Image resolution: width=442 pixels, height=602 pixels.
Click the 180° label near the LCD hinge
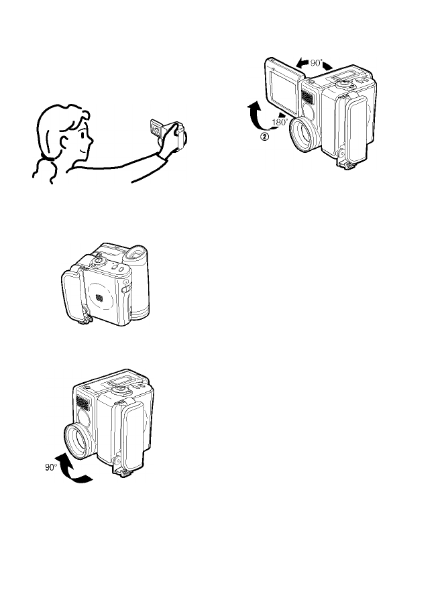coord(280,122)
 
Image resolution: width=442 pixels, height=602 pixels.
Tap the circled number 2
coord(265,136)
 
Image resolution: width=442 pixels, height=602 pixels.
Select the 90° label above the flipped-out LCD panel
coord(317,62)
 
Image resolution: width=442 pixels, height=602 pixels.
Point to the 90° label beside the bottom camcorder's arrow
coord(51,467)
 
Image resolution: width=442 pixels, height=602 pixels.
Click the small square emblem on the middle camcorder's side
coord(99,297)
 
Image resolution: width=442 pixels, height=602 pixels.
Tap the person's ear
coord(64,143)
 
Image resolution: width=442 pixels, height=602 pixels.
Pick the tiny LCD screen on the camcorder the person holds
coord(156,128)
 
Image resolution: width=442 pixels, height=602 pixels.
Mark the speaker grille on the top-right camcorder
coord(307,97)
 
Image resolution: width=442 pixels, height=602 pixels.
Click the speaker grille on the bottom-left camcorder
coord(82,403)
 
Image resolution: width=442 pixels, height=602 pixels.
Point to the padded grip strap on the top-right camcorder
coord(356,129)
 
